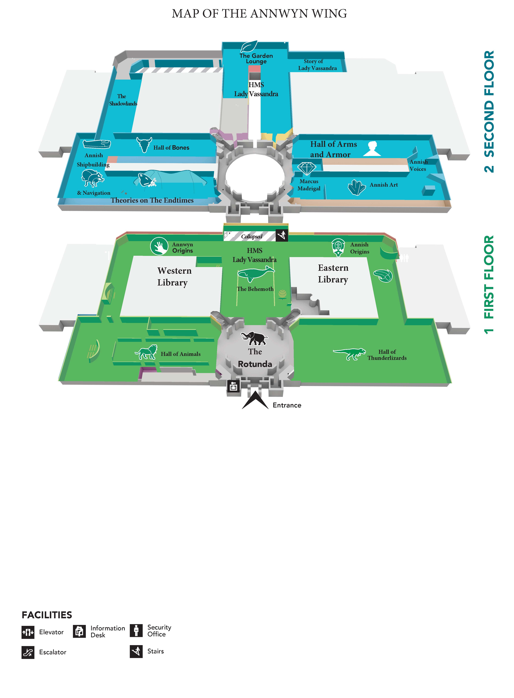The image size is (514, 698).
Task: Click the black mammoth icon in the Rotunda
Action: point(254,338)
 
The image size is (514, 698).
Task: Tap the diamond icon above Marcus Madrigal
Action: point(307,168)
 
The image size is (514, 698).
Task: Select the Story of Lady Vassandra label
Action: point(317,65)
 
